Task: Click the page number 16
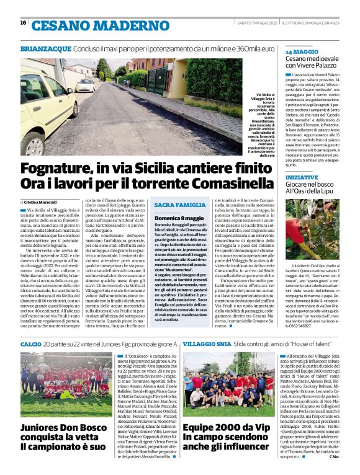[x=23, y=23]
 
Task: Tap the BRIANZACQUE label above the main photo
[x=45, y=47]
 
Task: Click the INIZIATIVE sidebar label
[x=302, y=177]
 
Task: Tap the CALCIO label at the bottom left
[x=30, y=343]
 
